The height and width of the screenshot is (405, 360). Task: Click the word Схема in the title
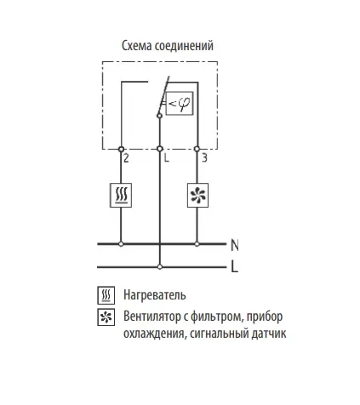click(137, 46)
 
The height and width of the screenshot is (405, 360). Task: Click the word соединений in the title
click(184, 46)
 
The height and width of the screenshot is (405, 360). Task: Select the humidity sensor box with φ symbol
click(180, 103)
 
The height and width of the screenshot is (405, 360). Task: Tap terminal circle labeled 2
click(121, 149)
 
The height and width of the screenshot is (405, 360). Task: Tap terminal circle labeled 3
click(197, 149)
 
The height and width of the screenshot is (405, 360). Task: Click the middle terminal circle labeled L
click(160, 149)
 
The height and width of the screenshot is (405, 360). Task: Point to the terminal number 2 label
click(126, 158)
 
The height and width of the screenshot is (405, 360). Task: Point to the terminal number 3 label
click(204, 157)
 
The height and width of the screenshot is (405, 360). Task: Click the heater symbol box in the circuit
click(121, 195)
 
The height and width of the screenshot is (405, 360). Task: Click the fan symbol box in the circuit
click(197, 195)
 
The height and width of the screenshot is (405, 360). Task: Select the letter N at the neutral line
click(234, 245)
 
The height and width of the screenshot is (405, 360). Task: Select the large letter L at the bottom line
click(234, 266)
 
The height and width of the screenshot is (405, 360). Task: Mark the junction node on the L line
click(160, 266)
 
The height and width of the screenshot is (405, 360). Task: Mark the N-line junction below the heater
click(121, 243)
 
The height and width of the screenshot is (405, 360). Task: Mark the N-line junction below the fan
click(197, 243)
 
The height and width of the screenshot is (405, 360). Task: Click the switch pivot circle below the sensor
click(159, 116)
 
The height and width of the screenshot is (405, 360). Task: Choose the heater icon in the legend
click(106, 295)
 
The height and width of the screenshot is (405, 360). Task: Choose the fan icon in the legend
click(106, 317)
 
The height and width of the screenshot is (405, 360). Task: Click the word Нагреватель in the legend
click(155, 295)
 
